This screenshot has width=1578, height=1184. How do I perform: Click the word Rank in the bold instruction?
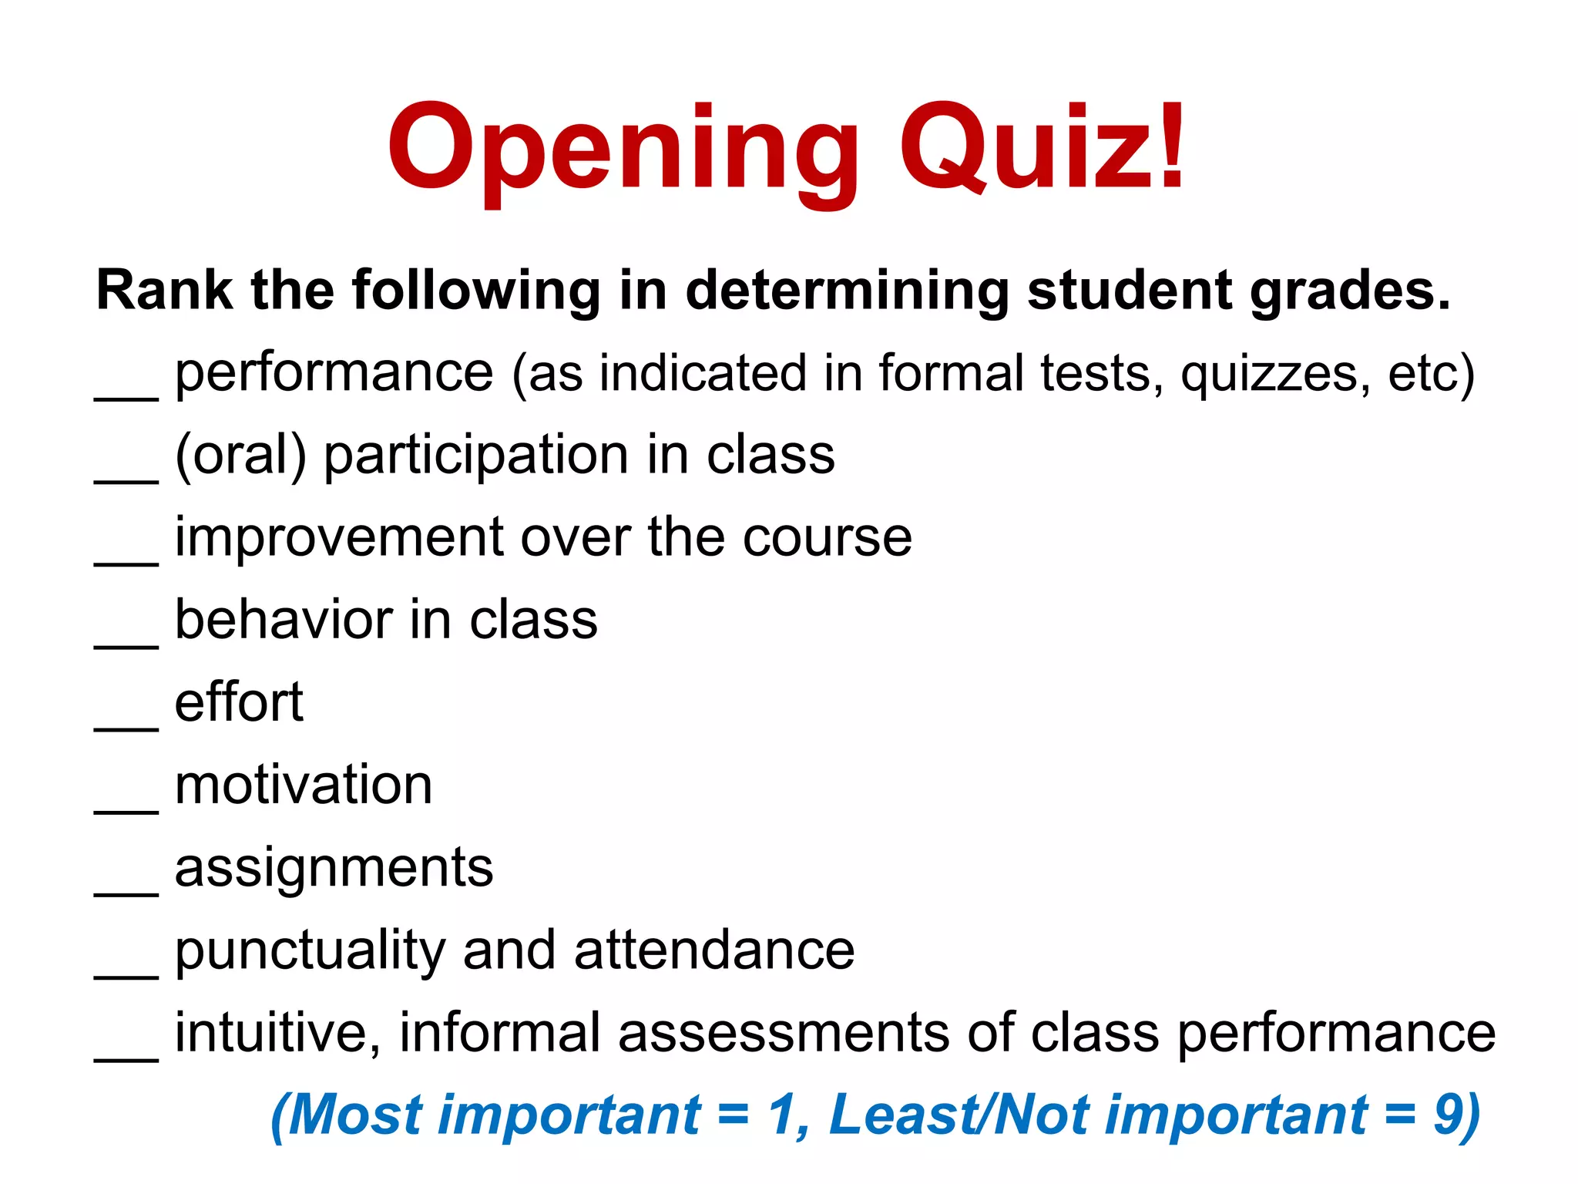point(164,291)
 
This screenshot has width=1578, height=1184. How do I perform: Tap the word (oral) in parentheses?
point(240,455)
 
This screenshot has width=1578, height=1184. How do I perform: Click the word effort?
point(239,702)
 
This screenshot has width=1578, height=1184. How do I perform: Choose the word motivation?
point(304,785)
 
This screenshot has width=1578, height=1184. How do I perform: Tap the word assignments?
point(334,869)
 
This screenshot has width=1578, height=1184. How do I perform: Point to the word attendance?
point(714,950)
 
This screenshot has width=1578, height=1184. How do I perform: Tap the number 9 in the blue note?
point(1449,1115)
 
